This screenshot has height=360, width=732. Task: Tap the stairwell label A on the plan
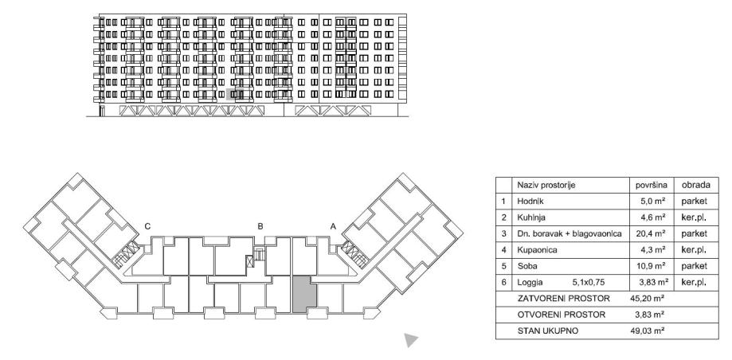[x=333, y=226]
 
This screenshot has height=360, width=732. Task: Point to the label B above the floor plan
[x=260, y=226]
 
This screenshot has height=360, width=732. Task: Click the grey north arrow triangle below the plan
[x=410, y=340]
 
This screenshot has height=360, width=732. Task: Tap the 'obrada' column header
[x=690, y=185]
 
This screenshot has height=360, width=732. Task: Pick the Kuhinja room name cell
[x=531, y=217]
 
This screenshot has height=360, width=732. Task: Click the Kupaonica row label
[x=536, y=250]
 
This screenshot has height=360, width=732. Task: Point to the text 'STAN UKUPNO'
[x=549, y=330]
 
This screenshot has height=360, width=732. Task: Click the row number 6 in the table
[x=504, y=282]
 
